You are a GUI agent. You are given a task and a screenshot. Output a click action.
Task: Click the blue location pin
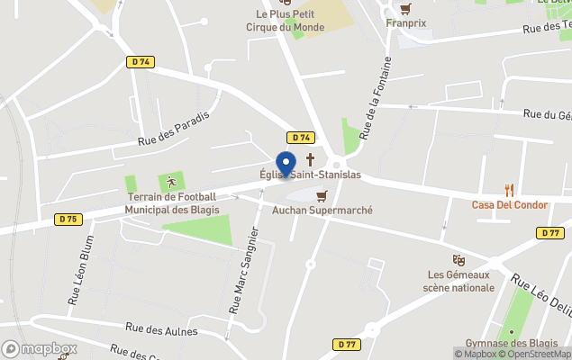(286, 165)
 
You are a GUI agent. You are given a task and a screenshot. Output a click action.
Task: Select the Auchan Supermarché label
(322, 210)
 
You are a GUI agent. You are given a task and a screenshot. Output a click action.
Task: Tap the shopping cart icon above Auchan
(322, 194)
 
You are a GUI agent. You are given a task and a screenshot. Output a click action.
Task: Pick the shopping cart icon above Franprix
(405, 9)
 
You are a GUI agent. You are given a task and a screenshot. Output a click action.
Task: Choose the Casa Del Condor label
(510, 204)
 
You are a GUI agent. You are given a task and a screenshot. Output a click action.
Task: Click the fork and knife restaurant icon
(510, 189)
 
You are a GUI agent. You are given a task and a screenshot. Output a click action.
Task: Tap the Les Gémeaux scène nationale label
(459, 281)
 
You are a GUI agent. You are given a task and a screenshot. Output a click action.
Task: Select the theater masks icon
(459, 259)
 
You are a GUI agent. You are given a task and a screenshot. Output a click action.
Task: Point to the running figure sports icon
(167, 183)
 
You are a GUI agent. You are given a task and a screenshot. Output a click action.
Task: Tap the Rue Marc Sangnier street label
(243, 270)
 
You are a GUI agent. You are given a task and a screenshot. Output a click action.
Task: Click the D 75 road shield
(68, 219)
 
